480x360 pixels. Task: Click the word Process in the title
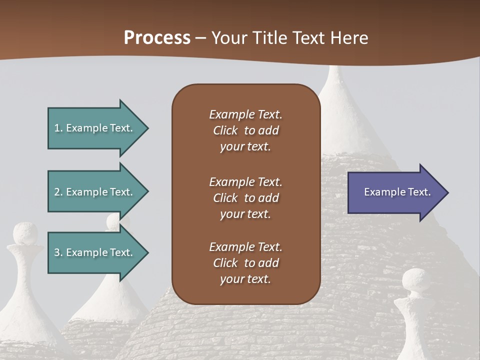[x=157, y=38]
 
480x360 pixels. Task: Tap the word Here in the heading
[x=348, y=38]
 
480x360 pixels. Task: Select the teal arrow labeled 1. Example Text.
[x=95, y=128]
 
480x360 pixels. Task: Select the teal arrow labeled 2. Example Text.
[x=95, y=192]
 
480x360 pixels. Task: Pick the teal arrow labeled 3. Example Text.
[x=95, y=252]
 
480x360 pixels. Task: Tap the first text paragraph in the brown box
[x=245, y=130]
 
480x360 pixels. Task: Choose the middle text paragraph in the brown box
[x=245, y=198]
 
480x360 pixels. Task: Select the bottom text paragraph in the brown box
[x=245, y=263]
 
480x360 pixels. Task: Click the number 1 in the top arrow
[x=57, y=128]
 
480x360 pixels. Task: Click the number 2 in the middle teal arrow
[x=57, y=192]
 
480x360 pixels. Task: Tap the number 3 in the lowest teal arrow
[x=57, y=252]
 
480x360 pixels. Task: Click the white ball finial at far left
[x=25, y=233]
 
